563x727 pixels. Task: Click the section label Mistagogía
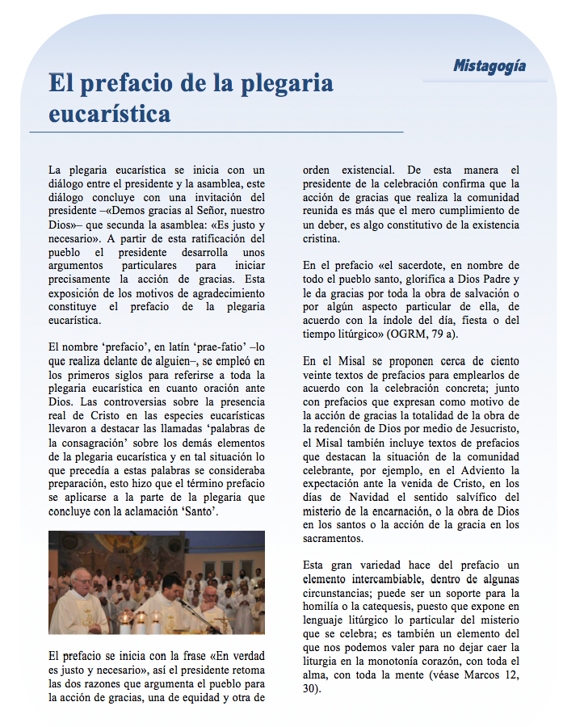tap(489, 65)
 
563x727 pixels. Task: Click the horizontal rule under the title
tap(216, 132)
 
